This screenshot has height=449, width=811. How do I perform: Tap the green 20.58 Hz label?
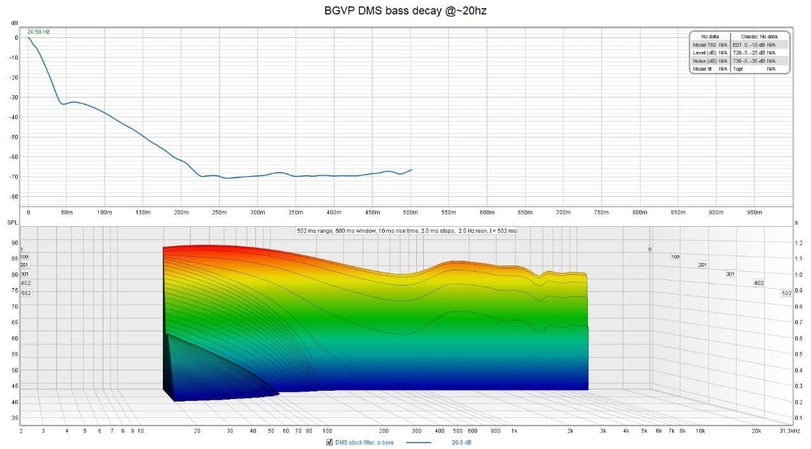(38, 32)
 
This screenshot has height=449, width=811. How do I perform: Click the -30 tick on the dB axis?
(14, 98)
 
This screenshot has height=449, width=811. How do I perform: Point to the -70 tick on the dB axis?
(14, 177)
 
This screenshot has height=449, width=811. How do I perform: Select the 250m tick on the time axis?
(219, 213)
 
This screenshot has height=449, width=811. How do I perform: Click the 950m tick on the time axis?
(754, 213)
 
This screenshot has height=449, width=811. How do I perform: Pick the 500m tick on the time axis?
(411, 213)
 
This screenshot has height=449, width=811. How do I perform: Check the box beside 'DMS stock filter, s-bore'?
(329, 442)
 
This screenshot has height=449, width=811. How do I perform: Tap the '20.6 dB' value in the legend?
(461, 442)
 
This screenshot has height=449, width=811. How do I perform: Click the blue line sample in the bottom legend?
(418, 442)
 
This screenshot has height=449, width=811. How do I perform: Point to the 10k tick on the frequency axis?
(700, 431)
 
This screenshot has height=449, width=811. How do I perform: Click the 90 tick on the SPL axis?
(14, 243)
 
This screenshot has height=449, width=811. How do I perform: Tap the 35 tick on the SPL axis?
(14, 418)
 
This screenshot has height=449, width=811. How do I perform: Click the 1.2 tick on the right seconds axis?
(798, 243)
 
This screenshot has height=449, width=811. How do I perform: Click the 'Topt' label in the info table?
(738, 69)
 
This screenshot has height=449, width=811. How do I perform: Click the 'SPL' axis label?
(13, 223)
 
